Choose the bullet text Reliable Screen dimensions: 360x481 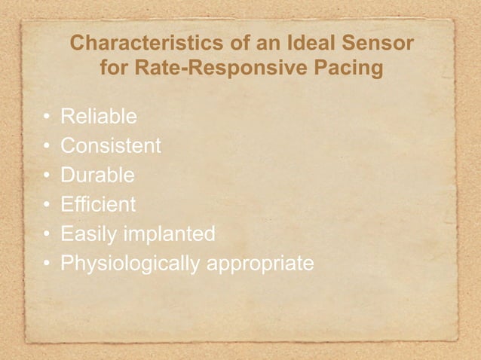[99, 117]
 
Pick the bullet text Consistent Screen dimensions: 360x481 [111, 146]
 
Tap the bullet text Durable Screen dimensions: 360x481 [98, 175]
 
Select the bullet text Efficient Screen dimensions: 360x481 [98, 205]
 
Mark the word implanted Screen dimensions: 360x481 [170, 234]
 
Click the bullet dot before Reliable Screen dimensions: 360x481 [46, 117]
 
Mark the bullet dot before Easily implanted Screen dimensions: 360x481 [46, 235]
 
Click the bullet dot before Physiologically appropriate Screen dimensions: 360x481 [46, 264]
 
